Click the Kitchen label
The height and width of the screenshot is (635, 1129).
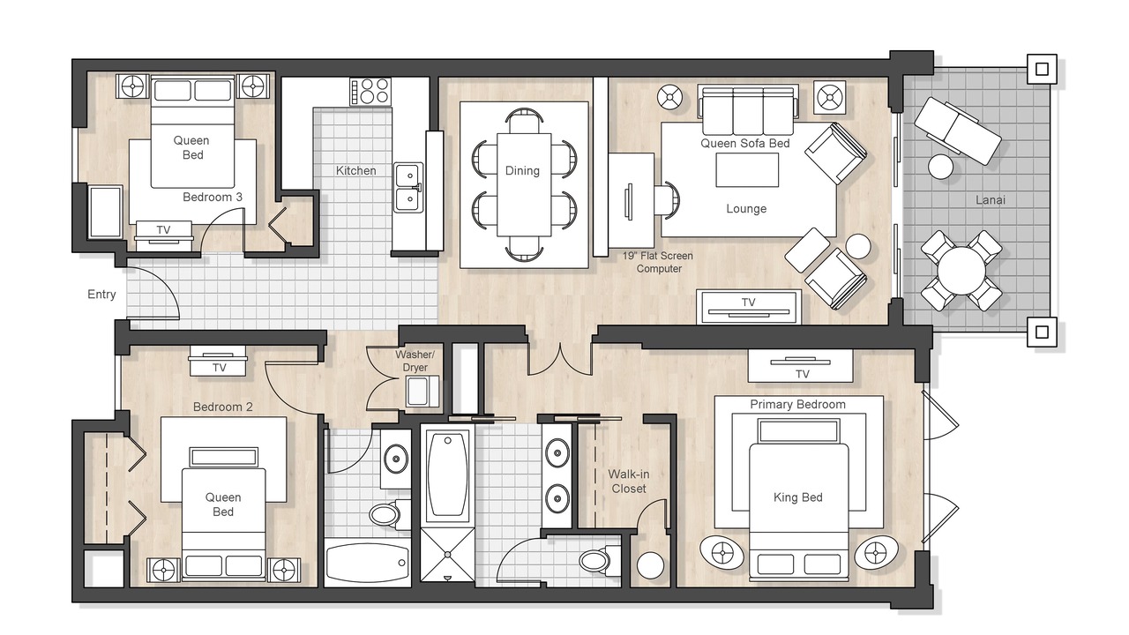355,171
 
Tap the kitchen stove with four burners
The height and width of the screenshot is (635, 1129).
370,91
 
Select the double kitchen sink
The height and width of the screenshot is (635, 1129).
408,188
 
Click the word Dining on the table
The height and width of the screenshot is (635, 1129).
522,171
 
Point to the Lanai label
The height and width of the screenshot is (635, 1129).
990,200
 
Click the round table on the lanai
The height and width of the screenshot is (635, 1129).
961,271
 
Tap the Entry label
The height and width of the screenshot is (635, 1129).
101,295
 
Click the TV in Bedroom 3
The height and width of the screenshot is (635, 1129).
163,235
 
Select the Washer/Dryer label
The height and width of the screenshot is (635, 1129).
415,361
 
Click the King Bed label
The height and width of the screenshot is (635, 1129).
798,497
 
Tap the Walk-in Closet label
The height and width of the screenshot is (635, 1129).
629,482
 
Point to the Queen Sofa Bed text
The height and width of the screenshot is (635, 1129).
745,143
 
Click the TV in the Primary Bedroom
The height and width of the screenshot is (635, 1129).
800,365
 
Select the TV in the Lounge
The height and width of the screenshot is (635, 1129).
749,306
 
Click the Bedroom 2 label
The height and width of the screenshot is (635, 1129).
223,407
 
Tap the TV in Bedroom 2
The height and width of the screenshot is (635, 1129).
218,361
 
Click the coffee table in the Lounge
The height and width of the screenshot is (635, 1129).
747,170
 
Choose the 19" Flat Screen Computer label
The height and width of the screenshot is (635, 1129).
658,262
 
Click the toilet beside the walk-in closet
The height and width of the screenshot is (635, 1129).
599,560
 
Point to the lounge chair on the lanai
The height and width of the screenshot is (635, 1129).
958,131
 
